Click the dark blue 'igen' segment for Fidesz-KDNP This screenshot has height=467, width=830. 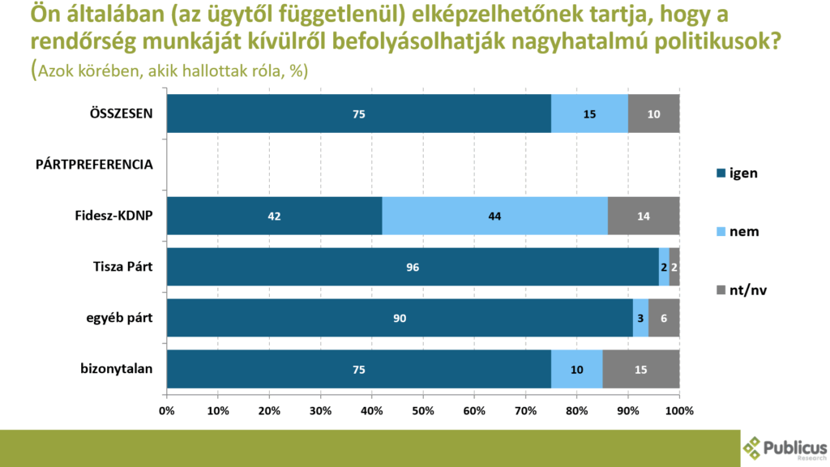(274, 216)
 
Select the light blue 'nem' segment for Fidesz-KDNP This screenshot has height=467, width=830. (494, 216)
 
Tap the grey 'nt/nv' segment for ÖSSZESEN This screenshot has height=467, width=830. (653, 114)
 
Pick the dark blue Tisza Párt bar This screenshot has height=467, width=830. (413, 267)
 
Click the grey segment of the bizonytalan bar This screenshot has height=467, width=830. (641, 370)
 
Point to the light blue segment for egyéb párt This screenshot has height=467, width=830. (641, 318)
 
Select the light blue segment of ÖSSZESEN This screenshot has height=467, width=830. (589, 114)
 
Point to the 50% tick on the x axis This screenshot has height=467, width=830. (423, 410)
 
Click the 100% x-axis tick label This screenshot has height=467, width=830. (678, 410)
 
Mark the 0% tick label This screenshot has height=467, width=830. (167, 410)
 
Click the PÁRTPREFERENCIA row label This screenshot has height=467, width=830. (95, 165)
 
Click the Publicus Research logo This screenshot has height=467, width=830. (785, 448)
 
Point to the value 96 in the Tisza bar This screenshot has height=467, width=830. (413, 267)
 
